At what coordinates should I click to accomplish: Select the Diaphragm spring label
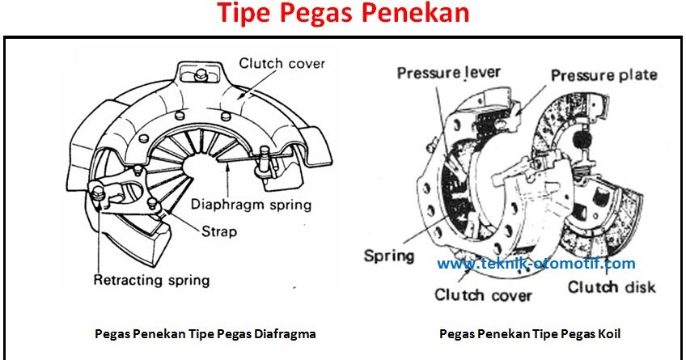(x=251, y=205)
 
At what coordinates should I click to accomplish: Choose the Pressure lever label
(x=448, y=73)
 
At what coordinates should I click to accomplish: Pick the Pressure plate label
(x=603, y=74)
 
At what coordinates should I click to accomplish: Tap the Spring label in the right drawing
(x=388, y=256)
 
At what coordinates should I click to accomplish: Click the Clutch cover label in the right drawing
(x=484, y=294)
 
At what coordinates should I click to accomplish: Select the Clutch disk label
(x=612, y=287)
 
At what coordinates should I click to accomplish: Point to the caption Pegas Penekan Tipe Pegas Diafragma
(x=205, y=332)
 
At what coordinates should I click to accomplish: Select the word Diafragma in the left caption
(x=285, y=332)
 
